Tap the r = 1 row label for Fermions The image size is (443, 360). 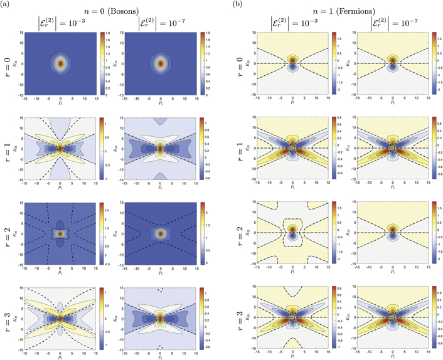[x=237, y=148]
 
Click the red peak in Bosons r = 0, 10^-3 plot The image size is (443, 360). [x=60, y=63]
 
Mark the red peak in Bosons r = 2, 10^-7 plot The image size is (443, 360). [x=161, y=233]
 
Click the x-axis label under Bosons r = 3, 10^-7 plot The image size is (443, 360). [x=161, y=356]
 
